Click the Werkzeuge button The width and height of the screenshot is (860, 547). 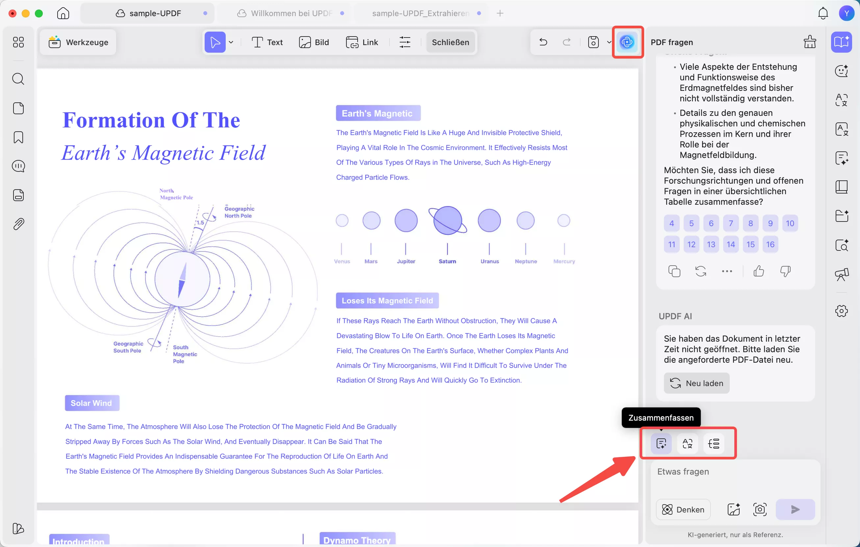[78, 42]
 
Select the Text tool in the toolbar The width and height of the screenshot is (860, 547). [267, 42]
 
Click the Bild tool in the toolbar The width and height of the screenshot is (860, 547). [314, 42]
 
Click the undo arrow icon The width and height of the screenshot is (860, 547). [543, 42]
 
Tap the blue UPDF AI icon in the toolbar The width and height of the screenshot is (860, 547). [627, 42]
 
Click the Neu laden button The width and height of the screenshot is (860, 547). [696, 383]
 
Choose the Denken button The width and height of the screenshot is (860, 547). [683, 509]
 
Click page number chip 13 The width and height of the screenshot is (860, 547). [711, 245]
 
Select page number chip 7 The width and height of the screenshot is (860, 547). [731, 223]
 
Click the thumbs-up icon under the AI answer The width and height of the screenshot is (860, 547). [759, 271]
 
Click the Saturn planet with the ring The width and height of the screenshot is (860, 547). [447, 221]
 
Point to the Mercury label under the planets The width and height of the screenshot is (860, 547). [564, 261]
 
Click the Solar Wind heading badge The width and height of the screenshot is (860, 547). [92, 403]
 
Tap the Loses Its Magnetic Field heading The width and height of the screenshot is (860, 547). [387, 300]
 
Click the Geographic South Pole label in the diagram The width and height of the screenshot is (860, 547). [128, 347]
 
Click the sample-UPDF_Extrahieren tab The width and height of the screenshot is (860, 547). [420, 13]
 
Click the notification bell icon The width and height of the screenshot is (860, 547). [823, 13]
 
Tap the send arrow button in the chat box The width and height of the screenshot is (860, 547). [795, 509]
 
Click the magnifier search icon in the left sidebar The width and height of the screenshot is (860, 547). [18, 79]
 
